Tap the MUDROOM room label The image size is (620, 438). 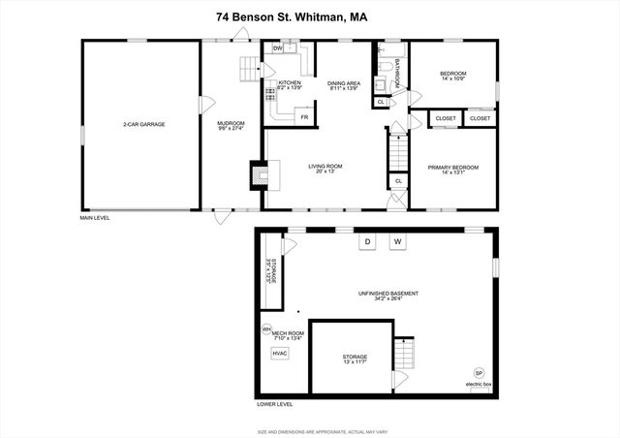231,124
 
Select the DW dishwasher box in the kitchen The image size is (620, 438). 277,47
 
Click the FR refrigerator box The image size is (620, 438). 303,117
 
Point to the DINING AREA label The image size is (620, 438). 344,84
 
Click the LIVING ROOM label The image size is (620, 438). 325,168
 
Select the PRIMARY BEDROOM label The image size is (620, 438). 453,169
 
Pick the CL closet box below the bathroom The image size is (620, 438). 381,101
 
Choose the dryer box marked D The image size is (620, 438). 367,241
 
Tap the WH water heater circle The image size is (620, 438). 266,328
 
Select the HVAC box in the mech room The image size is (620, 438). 280,354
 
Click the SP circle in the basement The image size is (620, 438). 479,373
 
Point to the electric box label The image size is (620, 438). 479,385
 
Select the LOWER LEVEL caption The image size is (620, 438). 275,403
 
